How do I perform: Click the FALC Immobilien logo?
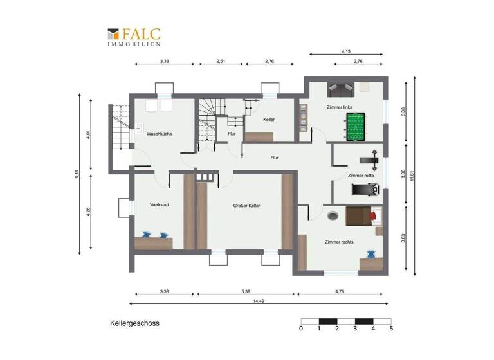(134, 37)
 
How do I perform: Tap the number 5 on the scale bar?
(390, 328)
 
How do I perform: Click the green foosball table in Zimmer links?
(355, 127)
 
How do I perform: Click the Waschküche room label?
(159, 134)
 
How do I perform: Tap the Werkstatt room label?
(159, 206)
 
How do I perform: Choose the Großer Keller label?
(246, 206)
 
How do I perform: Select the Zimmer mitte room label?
(360, 175)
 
